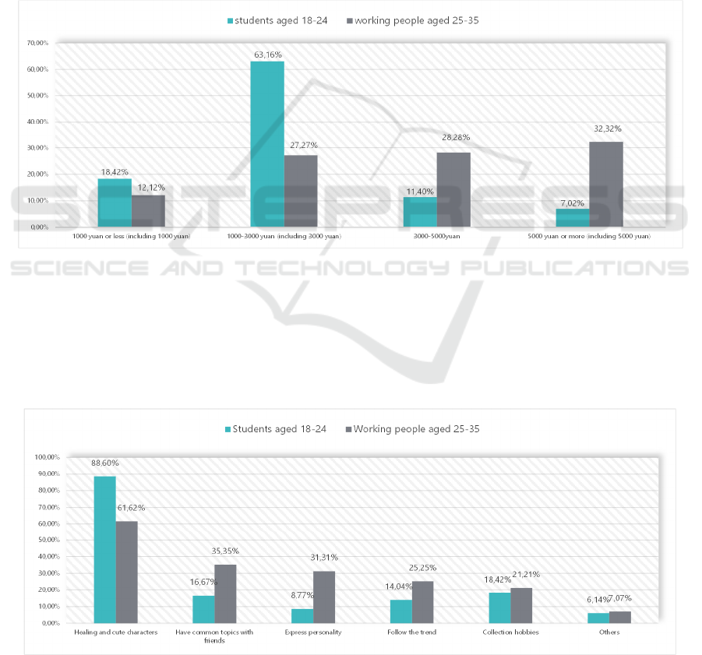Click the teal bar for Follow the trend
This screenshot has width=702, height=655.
[400, 611]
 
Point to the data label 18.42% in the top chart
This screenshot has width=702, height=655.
[115, 172]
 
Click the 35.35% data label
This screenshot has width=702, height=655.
[225, 551]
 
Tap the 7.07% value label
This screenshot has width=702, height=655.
[620, 598]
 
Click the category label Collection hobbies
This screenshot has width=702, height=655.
[510, 632]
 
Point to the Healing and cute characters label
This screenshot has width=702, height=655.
[115, 632]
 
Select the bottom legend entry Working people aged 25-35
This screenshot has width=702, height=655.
[414, 429]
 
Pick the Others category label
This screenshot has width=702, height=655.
[609, 632]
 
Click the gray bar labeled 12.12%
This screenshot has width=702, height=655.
[148, 210]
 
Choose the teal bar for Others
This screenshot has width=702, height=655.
[598, 618]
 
